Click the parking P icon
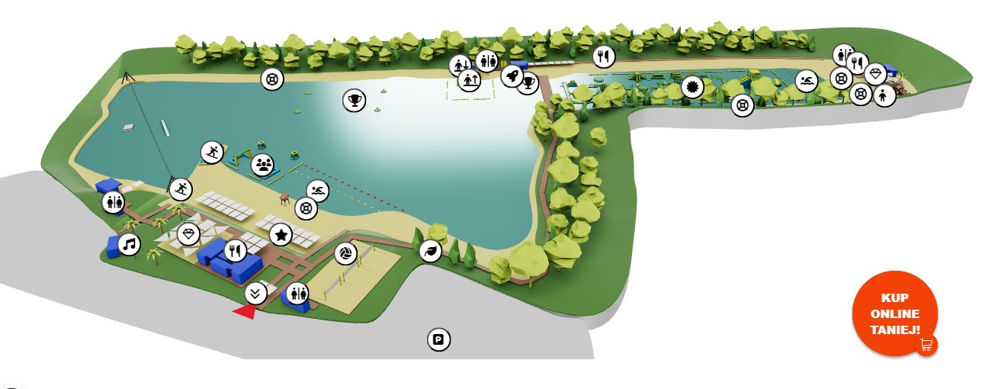pos(438,339)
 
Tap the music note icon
pos(129,245)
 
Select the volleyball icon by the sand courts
pos(345,254)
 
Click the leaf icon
pos(431,252)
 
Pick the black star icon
pos(281,235)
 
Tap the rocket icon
pos(512,76)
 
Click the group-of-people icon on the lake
pos(262,166)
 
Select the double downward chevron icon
pos(255,294)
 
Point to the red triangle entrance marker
pos(245,312)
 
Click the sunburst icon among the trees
pos(692,87)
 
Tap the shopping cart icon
pos(926,345)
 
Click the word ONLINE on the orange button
pos(894,313)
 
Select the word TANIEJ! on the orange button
pos(894,330)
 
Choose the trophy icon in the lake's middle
pos(354,100)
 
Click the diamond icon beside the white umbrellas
pos(188,234)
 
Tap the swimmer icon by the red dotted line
pos(318,191)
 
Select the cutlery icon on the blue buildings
pos(235,251)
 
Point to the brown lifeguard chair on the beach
pos(284,199)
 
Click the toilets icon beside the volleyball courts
pos(297,294)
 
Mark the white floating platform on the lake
pos(128,128)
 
